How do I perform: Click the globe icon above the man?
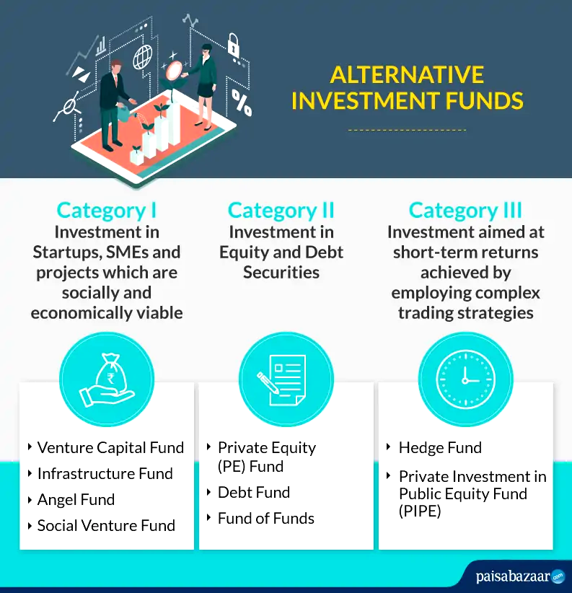coord(143,57)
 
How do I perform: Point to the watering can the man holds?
coord(123,113)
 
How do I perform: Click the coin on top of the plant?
coord(174,71)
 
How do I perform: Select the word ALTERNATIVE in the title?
coord(407,74)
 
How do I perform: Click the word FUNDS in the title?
coord(484,100)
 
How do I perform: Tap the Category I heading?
coord(106,210)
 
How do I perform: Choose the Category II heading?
coord(281,210)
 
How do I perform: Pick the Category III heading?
coord(465,210)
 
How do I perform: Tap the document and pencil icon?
coord(282,379)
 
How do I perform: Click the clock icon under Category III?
coord(465,379)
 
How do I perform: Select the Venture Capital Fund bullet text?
coord(110,447)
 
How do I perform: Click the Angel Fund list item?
coord(76,500)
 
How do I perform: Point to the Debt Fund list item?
coord(254,493)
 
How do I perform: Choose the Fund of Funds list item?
coord(265,518)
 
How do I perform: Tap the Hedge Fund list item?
coord(440,447)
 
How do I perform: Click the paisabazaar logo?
coord(520,576)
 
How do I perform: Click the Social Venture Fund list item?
coord(106,525)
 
